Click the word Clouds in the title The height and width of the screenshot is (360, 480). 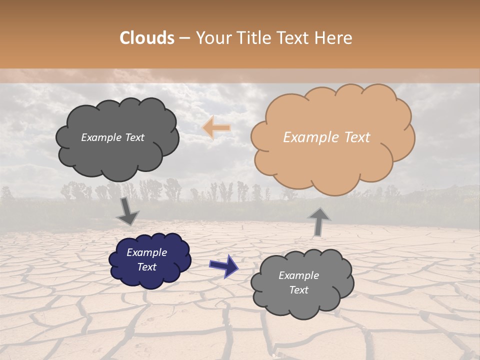(147, 38)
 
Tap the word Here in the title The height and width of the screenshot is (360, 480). (335, 38)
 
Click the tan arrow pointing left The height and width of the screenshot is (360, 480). (216, 127)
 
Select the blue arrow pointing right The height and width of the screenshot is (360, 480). (224, 265)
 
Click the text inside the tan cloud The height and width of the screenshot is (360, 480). (326, 137)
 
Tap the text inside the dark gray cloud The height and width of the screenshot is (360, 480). (112, 137)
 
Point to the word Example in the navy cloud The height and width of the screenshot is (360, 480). (146, 252)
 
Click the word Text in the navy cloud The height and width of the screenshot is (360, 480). (146, 267)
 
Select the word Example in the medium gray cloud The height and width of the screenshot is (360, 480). (298, 275)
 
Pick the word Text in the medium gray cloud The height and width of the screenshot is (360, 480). (298, 290)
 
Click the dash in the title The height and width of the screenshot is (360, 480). (184, 38)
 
